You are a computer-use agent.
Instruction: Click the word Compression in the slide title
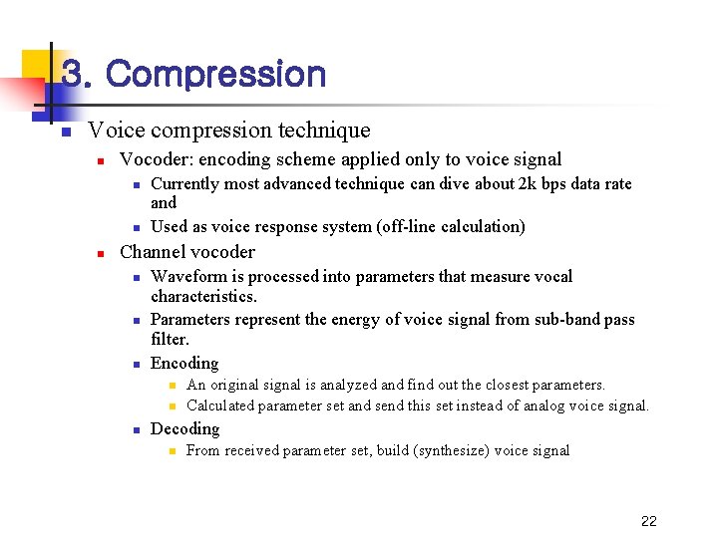(x=215, y=75)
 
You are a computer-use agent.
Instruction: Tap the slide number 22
(x=649, y=521)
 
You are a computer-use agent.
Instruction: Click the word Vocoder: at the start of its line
(x=155, y=159)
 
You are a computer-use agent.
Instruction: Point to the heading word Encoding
(x=184, y=364)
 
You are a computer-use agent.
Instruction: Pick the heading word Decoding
(x=184, y=429)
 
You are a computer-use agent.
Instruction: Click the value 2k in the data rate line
(x=527, y=184)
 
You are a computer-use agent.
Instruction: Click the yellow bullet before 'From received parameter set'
(x=171, y=451)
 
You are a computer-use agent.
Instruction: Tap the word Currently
(x=188, y=184)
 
